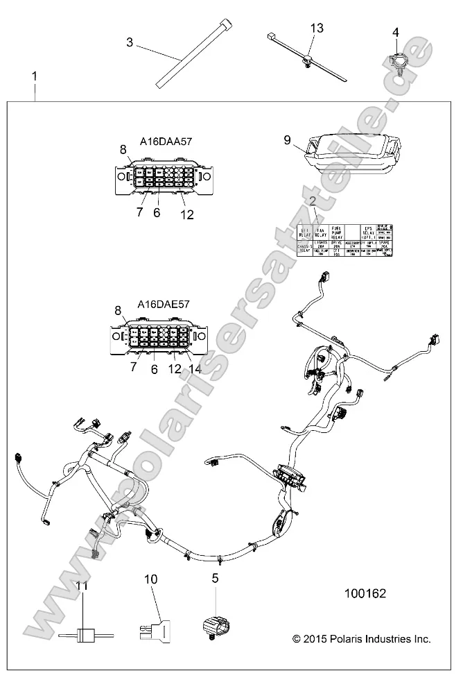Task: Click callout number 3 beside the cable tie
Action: [x=130, y=42]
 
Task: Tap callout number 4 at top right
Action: [x=396, y=32]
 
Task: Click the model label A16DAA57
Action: [x=166, y=142]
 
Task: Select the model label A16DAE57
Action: [x=164, y=305]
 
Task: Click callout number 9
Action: [x=288, y=139]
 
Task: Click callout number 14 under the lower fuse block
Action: [x=195, y=370]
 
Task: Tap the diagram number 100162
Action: [x=365, y=594]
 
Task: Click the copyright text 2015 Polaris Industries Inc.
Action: [x=361, y=638]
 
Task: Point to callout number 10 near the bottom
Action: [x=151, y=578]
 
